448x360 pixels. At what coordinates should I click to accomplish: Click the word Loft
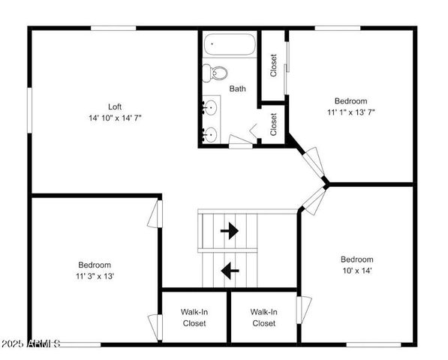pos(114,106)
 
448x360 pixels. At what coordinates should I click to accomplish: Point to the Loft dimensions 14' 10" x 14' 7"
pos(114,118)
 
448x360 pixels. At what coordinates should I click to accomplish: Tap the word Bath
pos(237,88)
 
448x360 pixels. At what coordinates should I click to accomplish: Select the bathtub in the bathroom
pos(230,46)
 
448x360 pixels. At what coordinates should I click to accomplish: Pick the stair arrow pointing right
pos(230,231)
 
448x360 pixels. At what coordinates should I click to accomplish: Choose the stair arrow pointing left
pos(230,267)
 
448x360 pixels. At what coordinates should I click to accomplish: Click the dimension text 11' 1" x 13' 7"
pos(350,112)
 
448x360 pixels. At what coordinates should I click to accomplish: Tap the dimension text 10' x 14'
pos(356,271)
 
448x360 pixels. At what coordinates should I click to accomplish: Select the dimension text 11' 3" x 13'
pos(95,276)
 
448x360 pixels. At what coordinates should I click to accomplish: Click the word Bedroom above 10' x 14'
pos(356,259)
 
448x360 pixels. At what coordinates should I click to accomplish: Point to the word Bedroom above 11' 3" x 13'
pos(95,265)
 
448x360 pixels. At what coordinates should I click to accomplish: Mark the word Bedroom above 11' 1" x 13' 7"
pos(350,101)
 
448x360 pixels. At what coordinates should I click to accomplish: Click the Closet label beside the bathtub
pos(273,64)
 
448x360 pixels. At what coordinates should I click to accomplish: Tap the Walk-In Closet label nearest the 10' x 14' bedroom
pos(263,317)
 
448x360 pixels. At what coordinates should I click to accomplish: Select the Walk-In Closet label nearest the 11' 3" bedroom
pos(195,317)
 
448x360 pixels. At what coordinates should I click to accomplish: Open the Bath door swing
pos(241,139)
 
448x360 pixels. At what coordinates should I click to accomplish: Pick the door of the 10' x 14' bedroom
pos(313,198)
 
